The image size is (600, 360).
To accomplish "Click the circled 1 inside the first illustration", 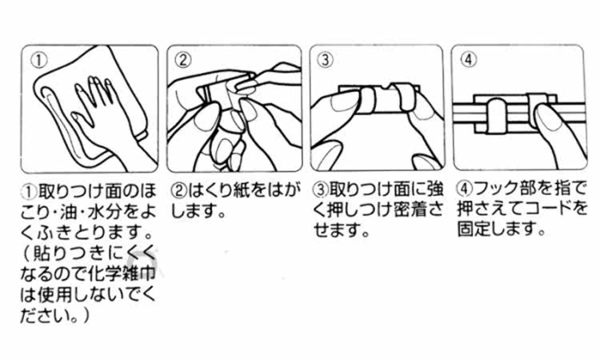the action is [x=38, y=61].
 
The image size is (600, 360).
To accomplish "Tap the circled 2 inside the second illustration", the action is [x=183, y=60].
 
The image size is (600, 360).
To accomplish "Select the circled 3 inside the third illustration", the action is [x=326, y=60].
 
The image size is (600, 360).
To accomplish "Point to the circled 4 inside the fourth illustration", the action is [x=468, y=59].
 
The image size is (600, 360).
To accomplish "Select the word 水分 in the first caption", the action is [x=105, y=211].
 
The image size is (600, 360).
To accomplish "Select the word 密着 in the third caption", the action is [x=410, y=210].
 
